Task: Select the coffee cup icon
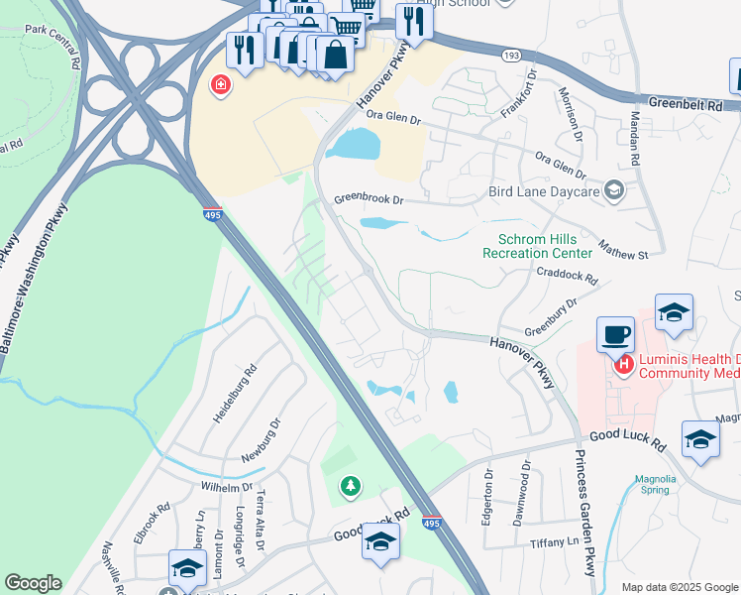coord(615,334)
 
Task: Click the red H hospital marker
coord(624,366)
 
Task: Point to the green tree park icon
coord(349,486)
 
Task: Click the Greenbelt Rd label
coord(687,102)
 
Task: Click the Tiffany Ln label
coord(554,542)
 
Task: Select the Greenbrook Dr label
coord(369,199)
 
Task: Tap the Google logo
coord(33,583)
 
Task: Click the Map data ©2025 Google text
coord(678,587)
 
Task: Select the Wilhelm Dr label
coord(227,488)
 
